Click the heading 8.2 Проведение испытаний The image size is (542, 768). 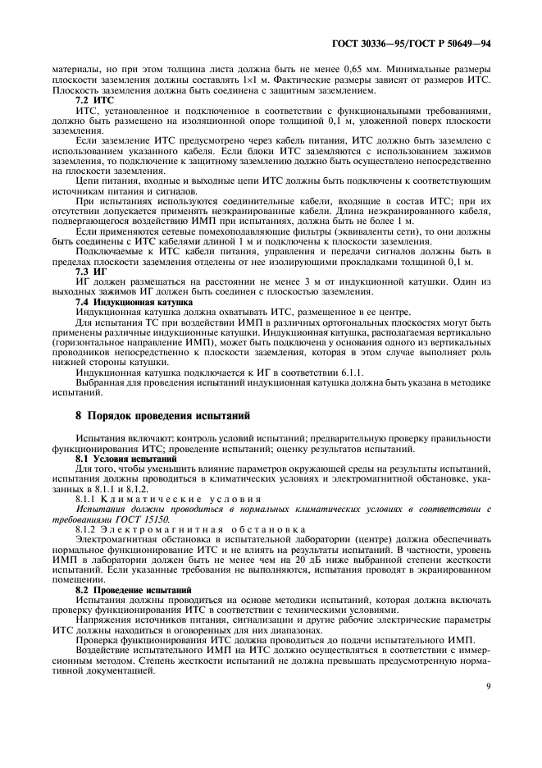pos(123,590)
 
